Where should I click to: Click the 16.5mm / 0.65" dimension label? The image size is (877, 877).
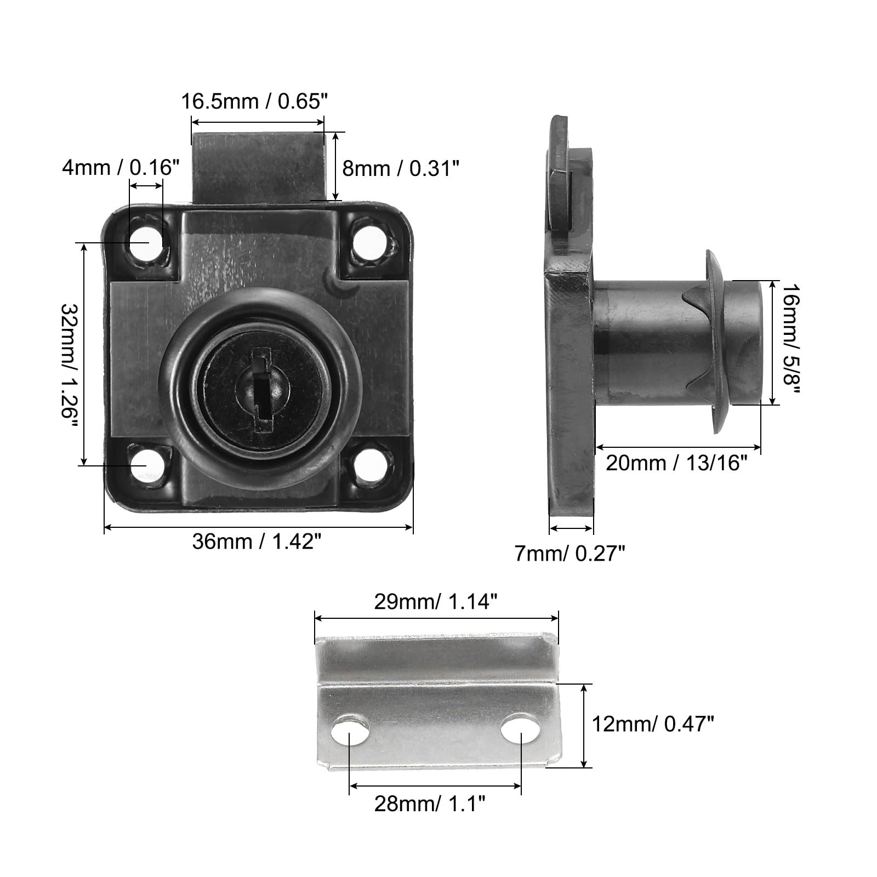point(254,101)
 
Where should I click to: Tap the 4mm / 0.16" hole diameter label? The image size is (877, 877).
point(121,167)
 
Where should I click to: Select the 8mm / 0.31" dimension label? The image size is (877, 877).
point(400,168)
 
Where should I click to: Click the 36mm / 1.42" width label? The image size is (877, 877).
point(257,542)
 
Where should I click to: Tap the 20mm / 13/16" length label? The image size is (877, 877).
point(677,463)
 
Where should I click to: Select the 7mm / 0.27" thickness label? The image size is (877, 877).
point(570,554)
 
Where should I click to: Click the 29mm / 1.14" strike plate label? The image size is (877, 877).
point(436,602)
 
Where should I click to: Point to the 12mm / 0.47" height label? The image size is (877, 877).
point(653,725)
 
